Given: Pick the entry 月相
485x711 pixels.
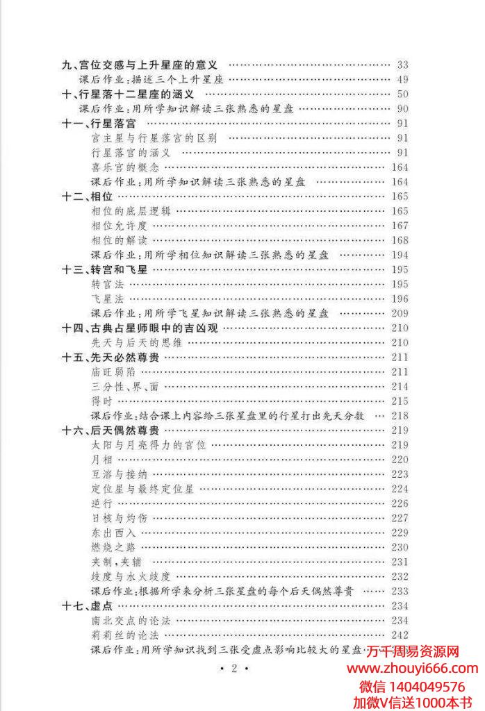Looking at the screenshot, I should pyautogui.click(x=101, y=460).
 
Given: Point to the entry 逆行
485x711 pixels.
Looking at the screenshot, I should pyautogui.click(x=101, y=503).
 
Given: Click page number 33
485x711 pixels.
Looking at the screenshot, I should pyautogui.click(x=402, y=65).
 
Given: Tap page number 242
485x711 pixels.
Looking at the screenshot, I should pyautogui.click(x=400, y=635).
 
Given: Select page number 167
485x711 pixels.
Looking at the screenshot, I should pyautogui.click(x=400, y=226).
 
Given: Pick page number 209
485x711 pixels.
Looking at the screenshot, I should pyautogui.click(x=400, y=313).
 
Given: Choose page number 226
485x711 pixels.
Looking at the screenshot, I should pyautogui.click(x=400, y=503).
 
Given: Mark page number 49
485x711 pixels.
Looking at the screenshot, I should pyautogui.click(x=402, y=80).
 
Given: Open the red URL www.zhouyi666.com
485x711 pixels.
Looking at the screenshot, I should pyautogui.click(x=412, y=669).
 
